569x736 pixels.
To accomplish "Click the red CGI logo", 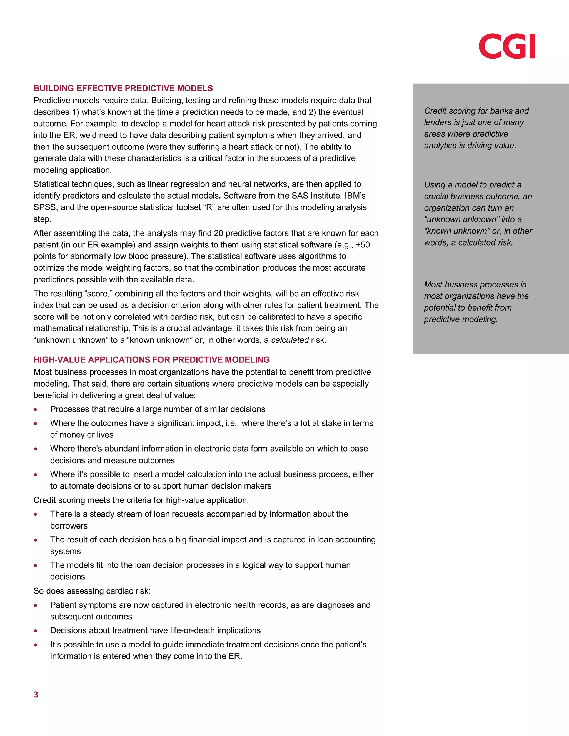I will [507, 46].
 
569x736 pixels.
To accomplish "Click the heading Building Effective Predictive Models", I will [123, 88].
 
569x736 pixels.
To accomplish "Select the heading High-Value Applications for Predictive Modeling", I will [151, 360].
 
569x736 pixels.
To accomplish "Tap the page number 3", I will [36, 695].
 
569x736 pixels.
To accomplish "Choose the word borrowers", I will [69, 526].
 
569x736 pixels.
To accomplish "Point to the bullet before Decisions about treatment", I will [35, 631].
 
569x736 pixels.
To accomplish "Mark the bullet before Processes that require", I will [35, 409].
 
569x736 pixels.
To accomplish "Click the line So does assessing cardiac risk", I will [92, 591].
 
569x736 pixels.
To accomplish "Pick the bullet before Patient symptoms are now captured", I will [35, 605].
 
